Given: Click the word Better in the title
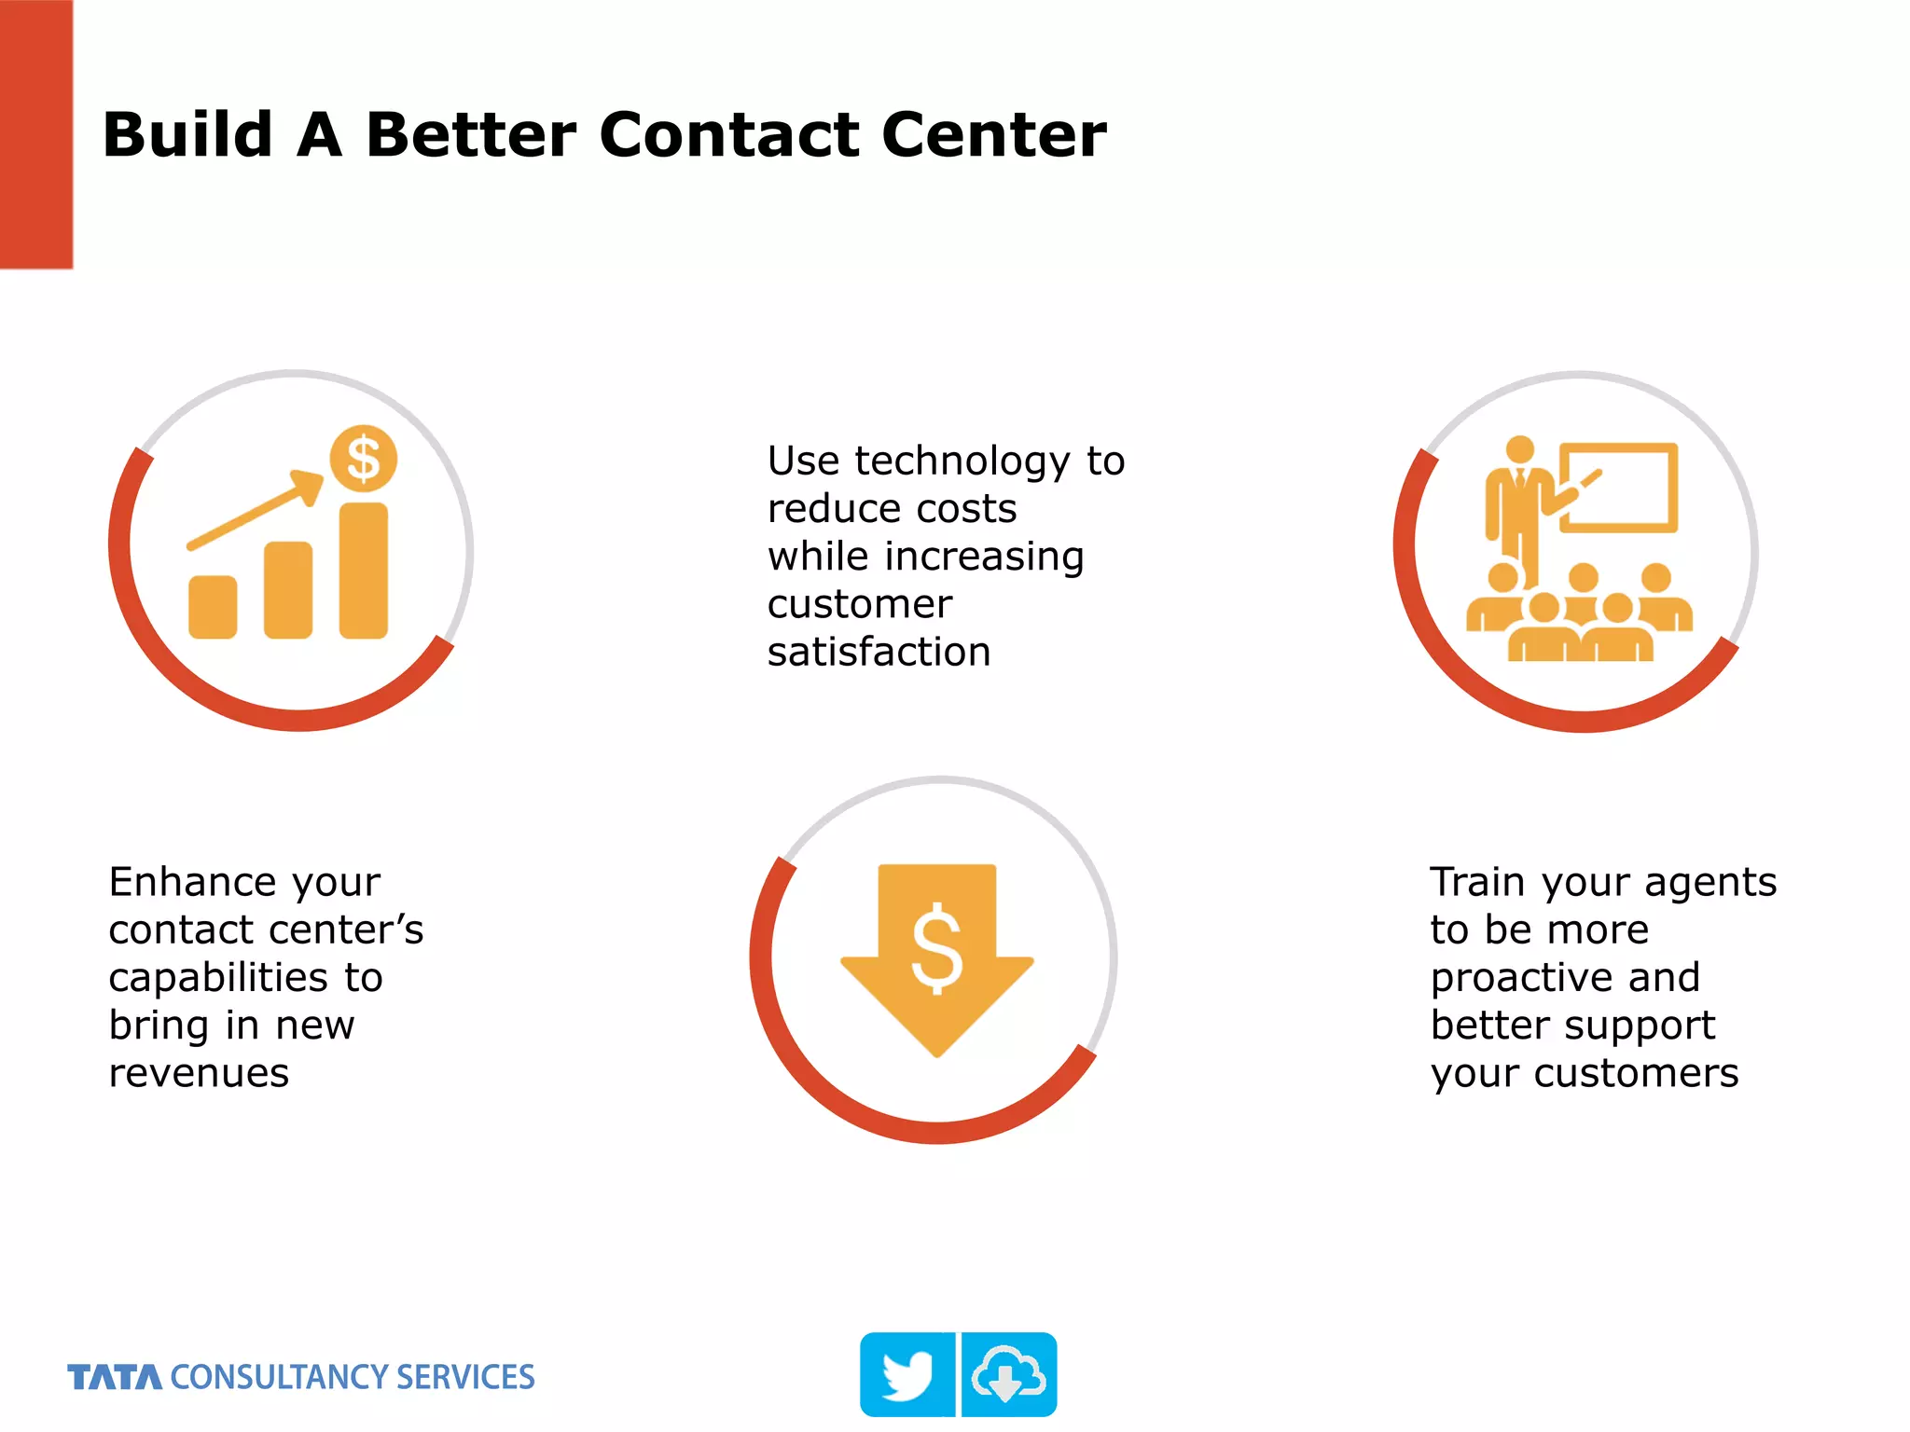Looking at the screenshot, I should (x=471, y=135).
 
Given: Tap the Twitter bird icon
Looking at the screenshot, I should (x=907, y=1374).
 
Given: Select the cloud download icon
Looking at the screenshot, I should (x=1009, y=1374).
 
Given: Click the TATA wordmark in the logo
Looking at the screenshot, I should (x=114, y=1377).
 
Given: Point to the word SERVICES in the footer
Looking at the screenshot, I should (x=464, y=1377).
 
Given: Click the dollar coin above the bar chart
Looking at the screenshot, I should (x=363, y=459).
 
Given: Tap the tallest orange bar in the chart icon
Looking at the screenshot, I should (x=363, y=571).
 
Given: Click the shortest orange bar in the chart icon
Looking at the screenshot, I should (x=213, y=607).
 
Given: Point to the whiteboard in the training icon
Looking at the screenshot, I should (x=1618, y=488).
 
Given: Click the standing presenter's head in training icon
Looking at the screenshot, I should (x=1520, y=448).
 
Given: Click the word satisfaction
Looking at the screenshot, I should (x=879, y=652).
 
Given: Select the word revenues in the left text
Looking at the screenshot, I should (x=199, y=1073).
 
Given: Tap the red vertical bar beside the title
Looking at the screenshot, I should (x=35, y=134).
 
